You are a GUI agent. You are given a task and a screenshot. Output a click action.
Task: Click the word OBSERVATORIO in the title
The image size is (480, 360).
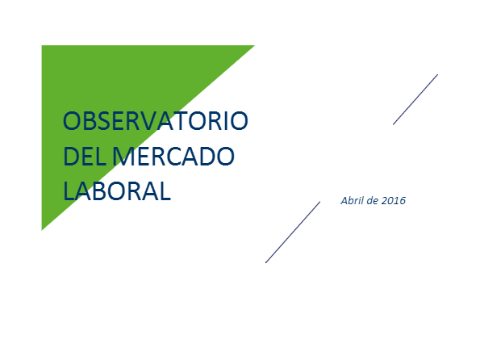pyautogui.click(x=155, y=121)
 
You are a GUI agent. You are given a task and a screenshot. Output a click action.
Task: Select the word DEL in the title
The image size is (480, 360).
pyautogui.click(x=85, y=157)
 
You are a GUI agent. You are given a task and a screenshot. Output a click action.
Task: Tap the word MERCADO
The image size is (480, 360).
pyautogui.click(x=173, y=157)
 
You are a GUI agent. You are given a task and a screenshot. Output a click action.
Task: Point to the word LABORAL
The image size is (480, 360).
pyautogui.click(x=117, y=190)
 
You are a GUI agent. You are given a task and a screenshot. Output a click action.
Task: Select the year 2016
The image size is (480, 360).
pyautogui.click(x=394, y=201)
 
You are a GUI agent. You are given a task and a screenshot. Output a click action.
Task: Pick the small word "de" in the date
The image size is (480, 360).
pyautogui.click(x=372, y=201)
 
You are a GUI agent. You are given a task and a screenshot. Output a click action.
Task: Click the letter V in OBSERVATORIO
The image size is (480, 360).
pyautogui.click(x=156, y=121)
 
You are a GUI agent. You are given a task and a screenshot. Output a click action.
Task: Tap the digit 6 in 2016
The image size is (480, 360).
pyautogui.click(x=403, y=201)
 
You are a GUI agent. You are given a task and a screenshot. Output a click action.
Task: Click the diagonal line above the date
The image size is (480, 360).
pyautogui.click(x=415, y=99)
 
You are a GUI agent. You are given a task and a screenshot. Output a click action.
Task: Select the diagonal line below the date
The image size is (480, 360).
pyautogui.click(x=293, y=232)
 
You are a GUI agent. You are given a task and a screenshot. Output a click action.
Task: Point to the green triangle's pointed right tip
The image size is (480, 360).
pyautogui.click(x=254, y=46)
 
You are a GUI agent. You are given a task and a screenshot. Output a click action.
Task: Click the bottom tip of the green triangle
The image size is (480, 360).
pyautogui.click(x=42, y=230)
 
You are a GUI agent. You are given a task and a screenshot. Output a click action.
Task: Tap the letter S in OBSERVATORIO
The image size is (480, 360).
pyautogui.click(x=106, y=121)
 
